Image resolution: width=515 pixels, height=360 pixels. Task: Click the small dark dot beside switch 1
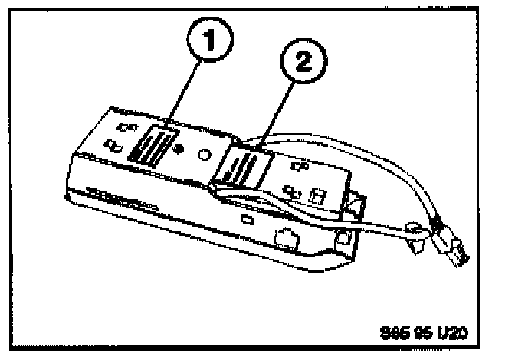178,146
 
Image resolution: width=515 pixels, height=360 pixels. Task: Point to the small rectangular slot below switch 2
247,220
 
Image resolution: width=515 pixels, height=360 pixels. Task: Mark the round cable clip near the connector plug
414,230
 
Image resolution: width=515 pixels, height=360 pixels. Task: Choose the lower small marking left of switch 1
114,143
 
